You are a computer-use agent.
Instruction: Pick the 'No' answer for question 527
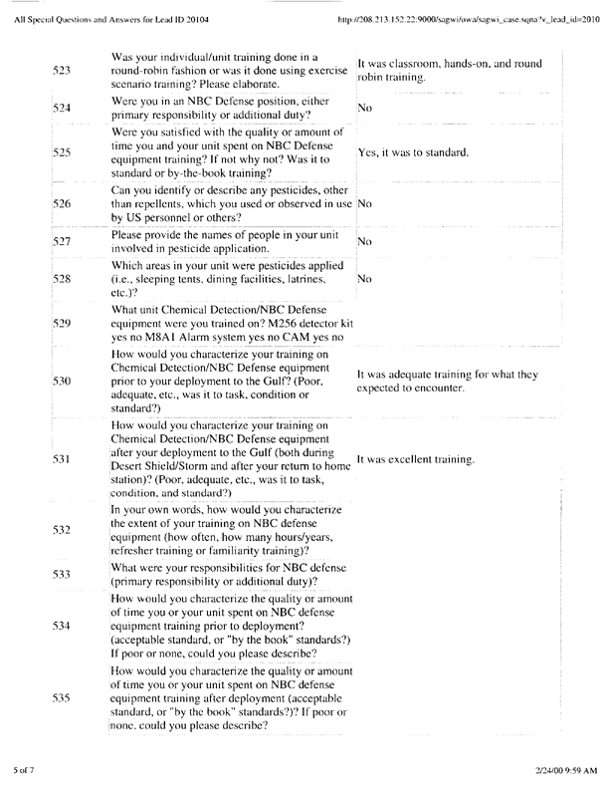363,241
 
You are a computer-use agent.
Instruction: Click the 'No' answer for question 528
363,281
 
